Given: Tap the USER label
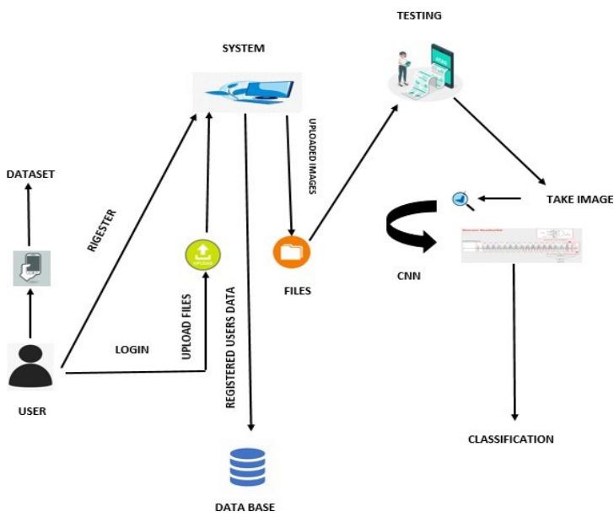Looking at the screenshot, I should tap(31, 412).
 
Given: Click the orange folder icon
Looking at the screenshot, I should tap(291, 251).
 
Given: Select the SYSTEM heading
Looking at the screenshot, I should tap(243, 48).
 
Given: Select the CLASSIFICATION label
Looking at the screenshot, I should tap(512, 439).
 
